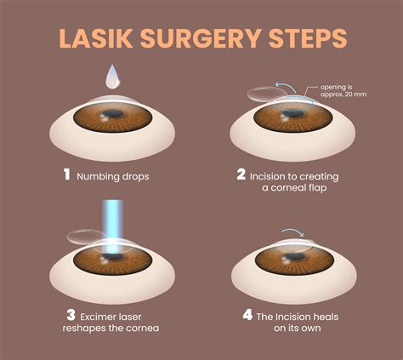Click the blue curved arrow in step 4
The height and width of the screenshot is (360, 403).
coord(292,231)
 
